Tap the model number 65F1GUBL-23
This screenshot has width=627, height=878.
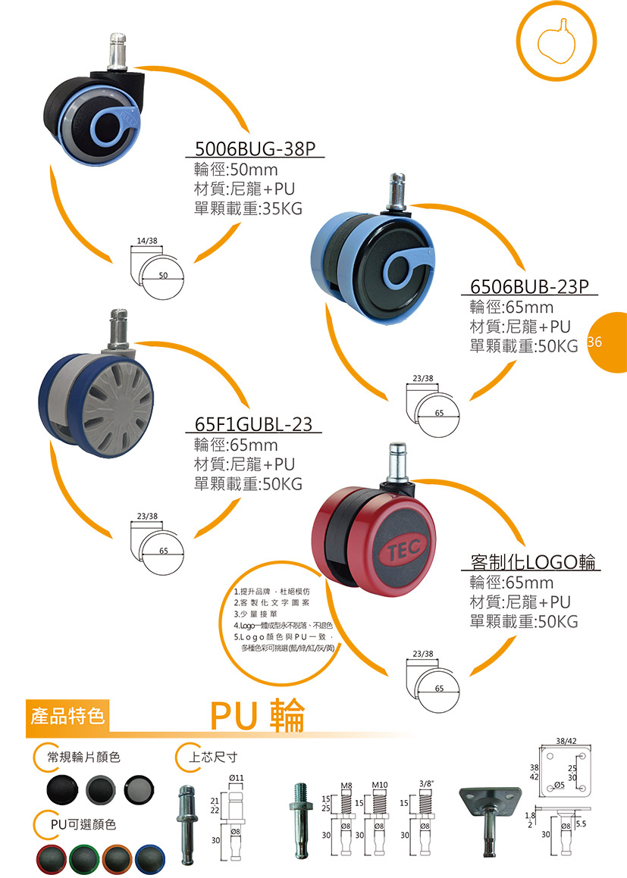253,424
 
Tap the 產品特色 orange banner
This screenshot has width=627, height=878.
67,715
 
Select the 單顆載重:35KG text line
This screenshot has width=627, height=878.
248,208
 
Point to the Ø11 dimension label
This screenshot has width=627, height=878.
235,778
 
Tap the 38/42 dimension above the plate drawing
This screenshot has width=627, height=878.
566,740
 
